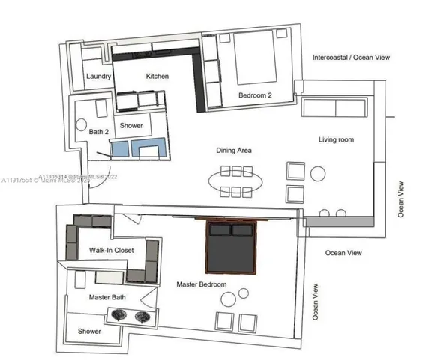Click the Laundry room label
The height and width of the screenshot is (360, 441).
(x=99, y=76)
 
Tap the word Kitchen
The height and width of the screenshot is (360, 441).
(x=157, y=76)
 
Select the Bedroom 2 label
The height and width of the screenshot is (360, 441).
(x=256, y=95)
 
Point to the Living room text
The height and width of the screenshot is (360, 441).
(x=336, y=139)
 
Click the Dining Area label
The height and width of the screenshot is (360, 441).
(x=234, y=151)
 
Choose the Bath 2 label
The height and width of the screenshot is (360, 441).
(x=99, y=132)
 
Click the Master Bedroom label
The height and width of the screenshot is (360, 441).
(x=202, y=284)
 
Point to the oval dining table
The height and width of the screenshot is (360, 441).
(x=236, y=181)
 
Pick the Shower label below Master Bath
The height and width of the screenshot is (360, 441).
(x=89, y=331)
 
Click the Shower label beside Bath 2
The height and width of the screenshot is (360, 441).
(x=132, y=126)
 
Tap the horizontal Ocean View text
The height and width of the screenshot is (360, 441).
(x=343, y=253)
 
